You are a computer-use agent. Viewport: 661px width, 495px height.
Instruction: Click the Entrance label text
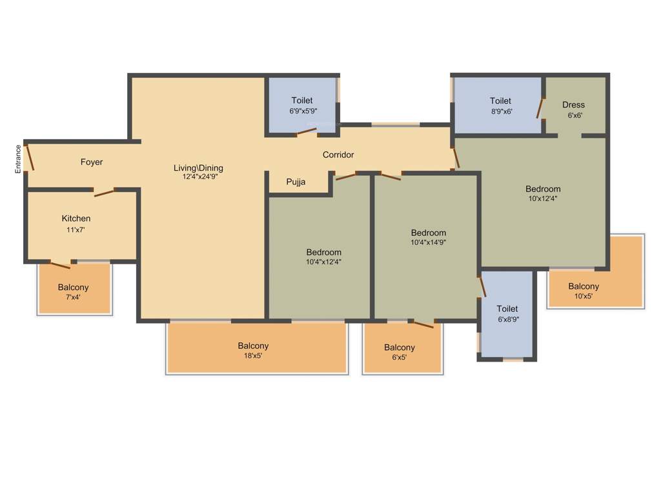19,159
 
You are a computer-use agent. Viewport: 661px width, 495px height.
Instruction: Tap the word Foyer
92,162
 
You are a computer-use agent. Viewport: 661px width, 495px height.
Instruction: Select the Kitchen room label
76,218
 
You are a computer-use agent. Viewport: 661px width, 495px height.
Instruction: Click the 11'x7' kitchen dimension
76,229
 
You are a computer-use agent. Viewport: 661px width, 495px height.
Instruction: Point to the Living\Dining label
198,168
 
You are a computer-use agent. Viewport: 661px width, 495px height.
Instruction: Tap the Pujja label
296,182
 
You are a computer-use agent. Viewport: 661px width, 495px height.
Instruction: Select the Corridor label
338,155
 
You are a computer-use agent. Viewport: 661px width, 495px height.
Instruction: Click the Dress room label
573,105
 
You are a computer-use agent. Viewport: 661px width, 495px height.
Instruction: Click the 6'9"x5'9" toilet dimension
303,111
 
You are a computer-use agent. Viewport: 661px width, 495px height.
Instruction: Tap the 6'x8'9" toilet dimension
507,319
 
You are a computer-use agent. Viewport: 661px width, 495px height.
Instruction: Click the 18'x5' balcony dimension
253,356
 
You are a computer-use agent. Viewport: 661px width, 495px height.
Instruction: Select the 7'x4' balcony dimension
73,297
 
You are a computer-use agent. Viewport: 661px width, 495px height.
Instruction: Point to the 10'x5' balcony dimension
584,296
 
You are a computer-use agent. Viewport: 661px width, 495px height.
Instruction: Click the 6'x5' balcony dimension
400,358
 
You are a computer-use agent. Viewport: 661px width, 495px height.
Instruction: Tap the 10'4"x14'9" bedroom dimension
429,242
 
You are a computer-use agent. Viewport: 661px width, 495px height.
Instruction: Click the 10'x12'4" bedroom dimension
543,199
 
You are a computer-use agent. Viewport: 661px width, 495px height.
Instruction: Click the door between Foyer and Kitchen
104,191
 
